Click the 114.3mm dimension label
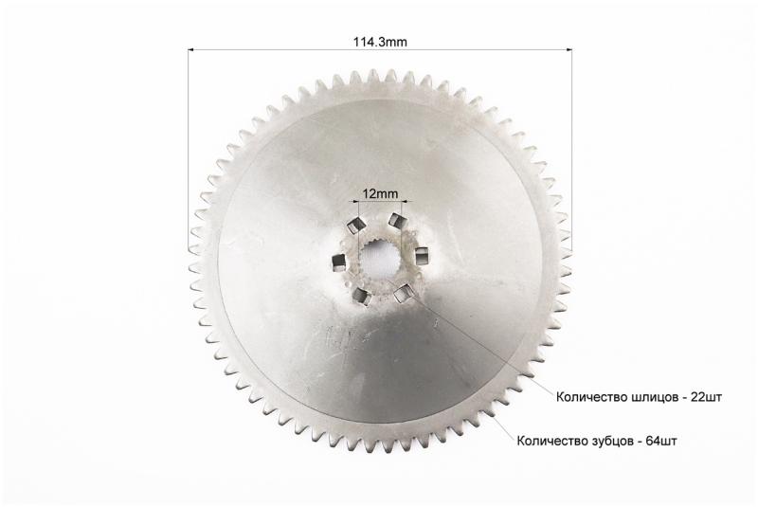pyautogui.click(x=380, y=42)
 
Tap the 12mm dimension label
pyautogui.click(x=381, y=194)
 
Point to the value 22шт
pyautogui.click(x=707, y=397)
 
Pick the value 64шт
pyautogui.click(x=661, y=441)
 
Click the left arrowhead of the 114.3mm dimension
pyautogui.click(x=191, y=49)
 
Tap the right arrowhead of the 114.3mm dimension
pyautogui.click(x=568, y=49)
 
